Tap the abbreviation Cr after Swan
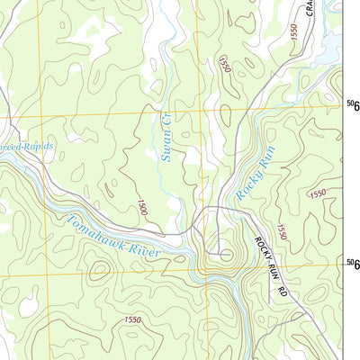point(166,120)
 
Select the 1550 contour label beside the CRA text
point(293,31)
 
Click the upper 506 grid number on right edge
point(353,106)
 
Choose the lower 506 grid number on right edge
point(353,263)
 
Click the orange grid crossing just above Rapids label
point(38,119)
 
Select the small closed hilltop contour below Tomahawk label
point(94,267)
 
